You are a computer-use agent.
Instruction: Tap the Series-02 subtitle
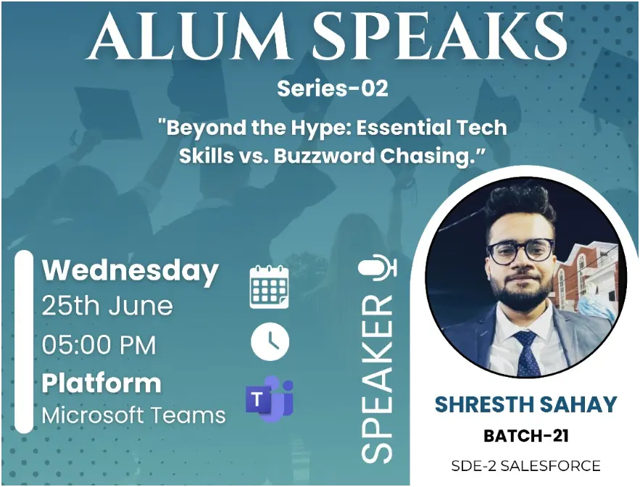(x=332, y=88)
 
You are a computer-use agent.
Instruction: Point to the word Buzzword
(x=324, y=156)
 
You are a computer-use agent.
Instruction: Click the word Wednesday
(x=130, y=271)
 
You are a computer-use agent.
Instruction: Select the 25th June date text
(x=107, y=306)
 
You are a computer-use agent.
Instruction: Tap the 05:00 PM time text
(x=99, y=344)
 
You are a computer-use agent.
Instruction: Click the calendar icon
(x=270, y=286)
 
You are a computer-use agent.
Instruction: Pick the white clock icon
(x=270, y=341)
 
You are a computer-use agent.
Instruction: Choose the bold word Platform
(x=101, y=384)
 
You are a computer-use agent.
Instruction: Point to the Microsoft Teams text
(x=134, y=415)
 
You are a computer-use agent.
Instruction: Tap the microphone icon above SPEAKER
(x=378, y=268)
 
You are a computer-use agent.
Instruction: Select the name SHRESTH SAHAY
(x=525, y=404)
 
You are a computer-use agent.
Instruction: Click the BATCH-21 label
(x=525, y=436)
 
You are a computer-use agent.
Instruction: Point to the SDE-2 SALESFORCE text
(x=525, y=465)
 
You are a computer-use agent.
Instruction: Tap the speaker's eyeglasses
(x=521, y=250)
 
